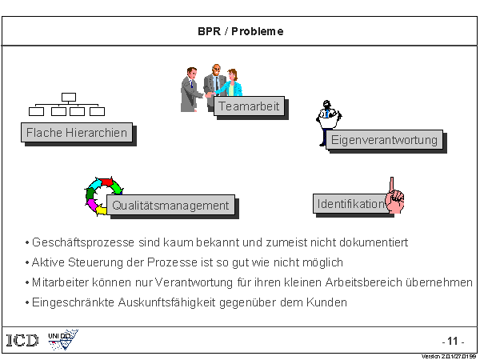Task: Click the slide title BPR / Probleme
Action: (x=240, y=32)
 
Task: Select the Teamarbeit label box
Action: (x=250, y=106)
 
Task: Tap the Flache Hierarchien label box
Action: (x=77, y=133)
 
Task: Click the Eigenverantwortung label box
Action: (x=385, y=140)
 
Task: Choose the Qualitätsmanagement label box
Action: (x=170, y=206)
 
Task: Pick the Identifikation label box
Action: (x=350, y=204)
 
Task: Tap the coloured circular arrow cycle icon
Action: (x=102, y=196)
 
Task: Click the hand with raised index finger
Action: (x=394, y=196)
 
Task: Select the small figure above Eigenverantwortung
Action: (x=328, y=118)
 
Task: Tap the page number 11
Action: (x=453, y=340)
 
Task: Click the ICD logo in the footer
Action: (x=22, y=340)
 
